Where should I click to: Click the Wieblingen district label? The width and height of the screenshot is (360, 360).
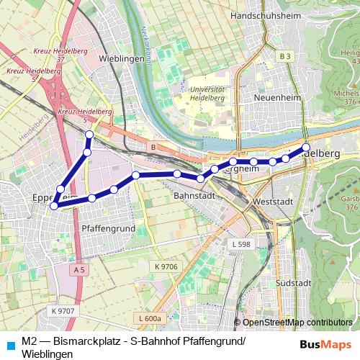[x=119, y=58]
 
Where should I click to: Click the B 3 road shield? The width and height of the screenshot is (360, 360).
[x=286, y=56]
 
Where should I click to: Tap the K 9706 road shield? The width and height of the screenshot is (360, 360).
[x=166, y=267]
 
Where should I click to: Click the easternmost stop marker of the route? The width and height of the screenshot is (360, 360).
[x=305, y=147]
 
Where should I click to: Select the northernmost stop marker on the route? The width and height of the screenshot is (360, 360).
[x=89, y=135]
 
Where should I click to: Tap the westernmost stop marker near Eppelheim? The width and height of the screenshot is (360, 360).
[x=53, y=186]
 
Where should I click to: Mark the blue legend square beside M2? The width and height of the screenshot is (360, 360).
[x=9, y=344]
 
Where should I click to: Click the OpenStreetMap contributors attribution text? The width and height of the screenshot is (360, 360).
[x=297, y=322]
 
